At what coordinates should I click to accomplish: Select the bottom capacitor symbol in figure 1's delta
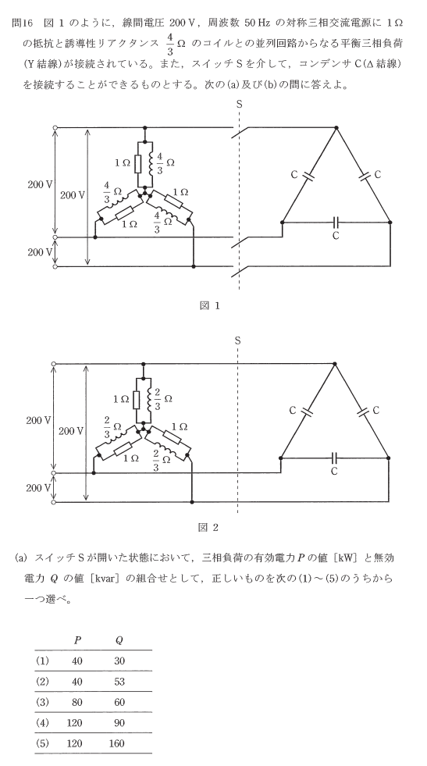point(336,223)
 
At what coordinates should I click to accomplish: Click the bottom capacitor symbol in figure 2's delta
point(335,458)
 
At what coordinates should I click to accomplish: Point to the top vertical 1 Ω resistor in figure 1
point(137,165)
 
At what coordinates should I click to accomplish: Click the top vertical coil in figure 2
point(149,400)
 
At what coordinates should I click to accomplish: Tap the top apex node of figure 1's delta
point(336,128)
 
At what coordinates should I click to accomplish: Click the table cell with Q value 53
point(119,682)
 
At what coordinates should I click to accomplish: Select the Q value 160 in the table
point(117,743)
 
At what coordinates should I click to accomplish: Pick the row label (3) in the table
point(42,702)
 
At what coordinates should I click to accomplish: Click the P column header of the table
point(77,640)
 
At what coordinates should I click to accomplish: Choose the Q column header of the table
point(119,640)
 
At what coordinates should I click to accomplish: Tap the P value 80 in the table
point(77,702)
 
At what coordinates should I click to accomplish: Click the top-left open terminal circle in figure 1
point(55,127)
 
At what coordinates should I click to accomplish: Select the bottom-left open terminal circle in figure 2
point(54,502)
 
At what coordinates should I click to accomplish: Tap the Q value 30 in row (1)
point(119,661)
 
